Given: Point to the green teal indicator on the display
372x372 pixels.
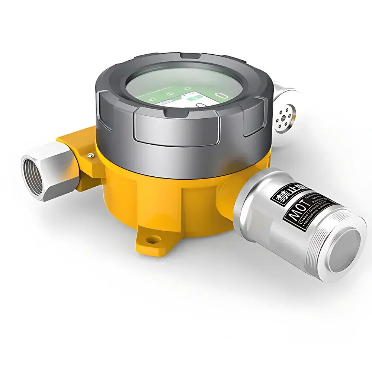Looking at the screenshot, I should [194, 98].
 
